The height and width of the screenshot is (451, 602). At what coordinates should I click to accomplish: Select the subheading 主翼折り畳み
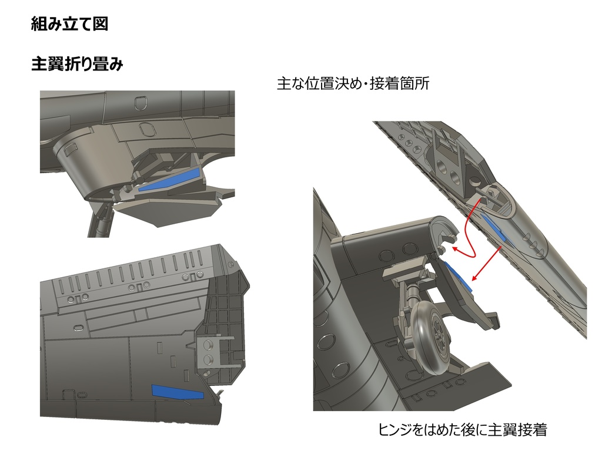(x=77, y=65)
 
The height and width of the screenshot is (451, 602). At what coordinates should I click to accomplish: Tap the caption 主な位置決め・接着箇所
(x=353, y=84)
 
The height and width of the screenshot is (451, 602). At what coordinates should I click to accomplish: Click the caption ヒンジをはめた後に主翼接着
(x=463, y=430)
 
